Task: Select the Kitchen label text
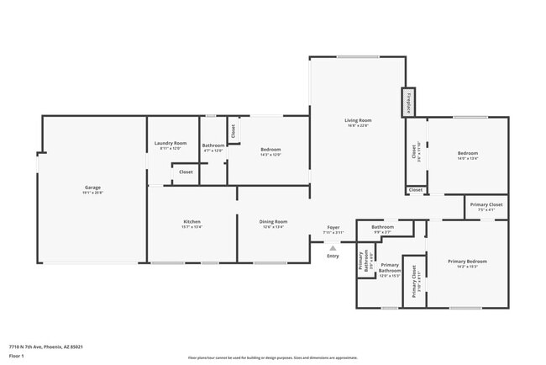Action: point(192,221)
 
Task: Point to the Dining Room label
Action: point(273,221)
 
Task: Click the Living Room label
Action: point(358,120)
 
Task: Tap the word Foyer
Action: point(333,227)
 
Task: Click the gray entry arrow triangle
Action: point(333,248)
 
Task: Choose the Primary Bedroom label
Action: point(467,261)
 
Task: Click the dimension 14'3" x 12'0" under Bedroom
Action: point(270,155)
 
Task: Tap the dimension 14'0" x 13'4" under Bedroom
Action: point(468,158)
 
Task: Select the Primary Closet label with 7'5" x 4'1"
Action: point(486,204)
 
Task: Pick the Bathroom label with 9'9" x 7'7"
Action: point(383,227)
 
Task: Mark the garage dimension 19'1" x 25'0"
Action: point(92,193)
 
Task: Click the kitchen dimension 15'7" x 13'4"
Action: point(192,227)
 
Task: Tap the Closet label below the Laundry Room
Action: point(186,172)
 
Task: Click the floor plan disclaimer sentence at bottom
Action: point(273,356)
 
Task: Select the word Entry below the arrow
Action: point(333,256)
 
